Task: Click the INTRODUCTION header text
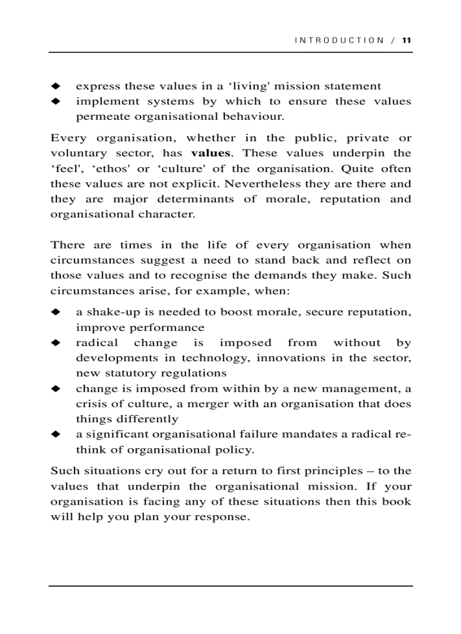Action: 339,40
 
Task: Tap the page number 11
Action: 407,40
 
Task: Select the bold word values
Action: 211,153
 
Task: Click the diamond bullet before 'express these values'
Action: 55,86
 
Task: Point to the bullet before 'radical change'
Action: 55,343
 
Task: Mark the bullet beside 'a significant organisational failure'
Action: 55,434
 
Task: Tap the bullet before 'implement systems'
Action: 55,102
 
